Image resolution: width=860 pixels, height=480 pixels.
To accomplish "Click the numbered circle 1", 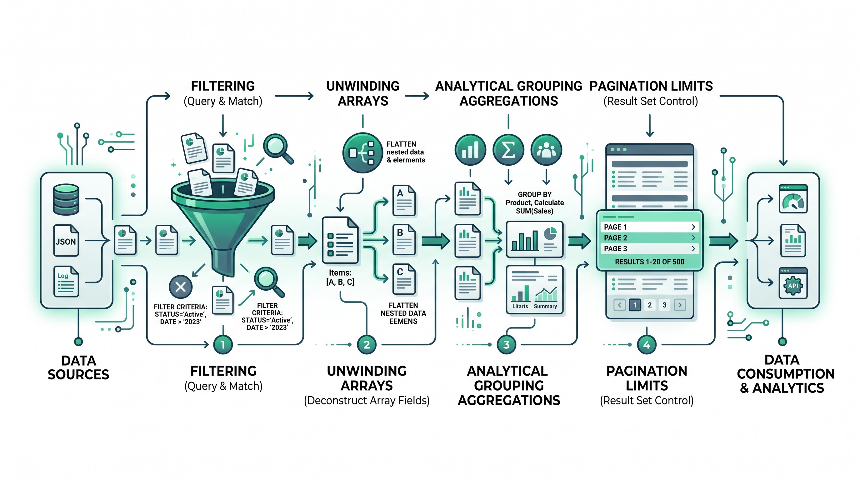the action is [223, 344].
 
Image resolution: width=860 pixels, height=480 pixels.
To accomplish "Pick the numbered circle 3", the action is [506, 344].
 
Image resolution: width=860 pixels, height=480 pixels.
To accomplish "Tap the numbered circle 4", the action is [647, 344].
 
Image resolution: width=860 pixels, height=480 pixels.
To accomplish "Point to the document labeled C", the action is [404, 280].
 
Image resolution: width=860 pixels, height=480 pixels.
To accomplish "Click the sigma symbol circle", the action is [508, 150].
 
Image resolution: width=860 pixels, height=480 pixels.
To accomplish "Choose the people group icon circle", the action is [546, 150].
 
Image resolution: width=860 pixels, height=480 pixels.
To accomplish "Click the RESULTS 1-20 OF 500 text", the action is [649, 262].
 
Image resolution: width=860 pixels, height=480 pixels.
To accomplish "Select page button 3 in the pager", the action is [664, 305].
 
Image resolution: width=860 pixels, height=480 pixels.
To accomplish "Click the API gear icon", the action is [793, 286].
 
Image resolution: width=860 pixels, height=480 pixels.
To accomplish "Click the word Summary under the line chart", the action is [545, 307].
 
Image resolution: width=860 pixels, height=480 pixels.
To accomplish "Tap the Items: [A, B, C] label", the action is [340, 277].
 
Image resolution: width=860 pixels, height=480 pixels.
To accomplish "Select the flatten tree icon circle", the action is [362, 153].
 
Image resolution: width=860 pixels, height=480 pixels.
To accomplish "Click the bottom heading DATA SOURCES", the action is [78, 367].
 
